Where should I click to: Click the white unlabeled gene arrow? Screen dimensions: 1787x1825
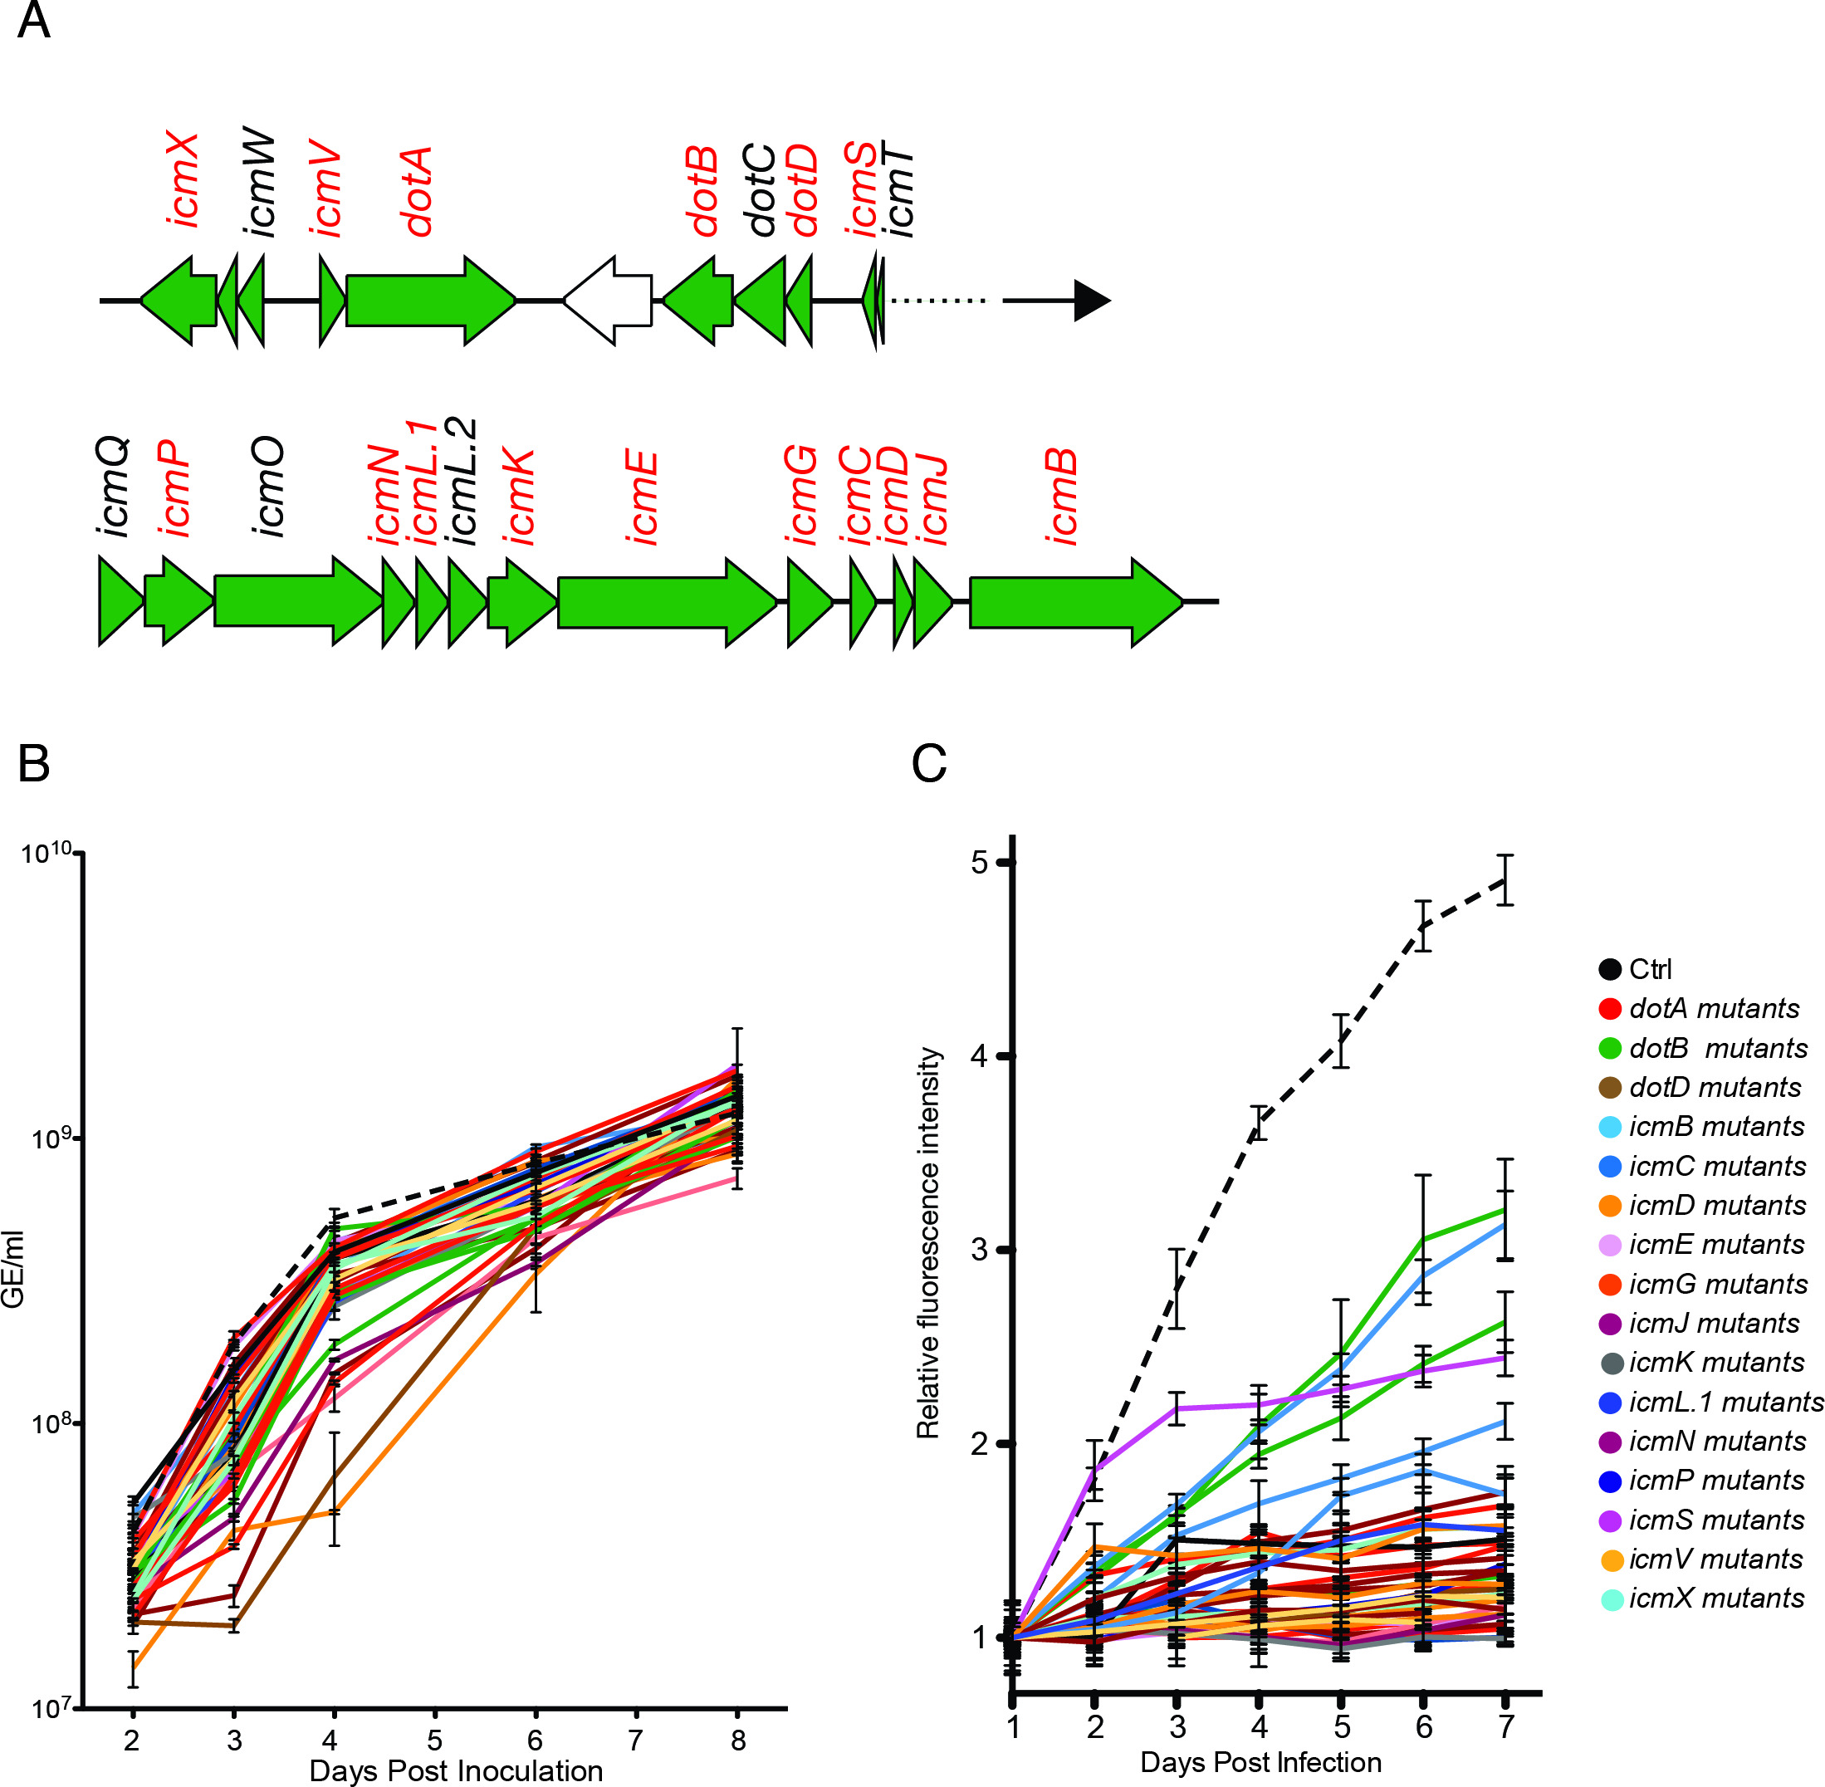[x=608, y=301]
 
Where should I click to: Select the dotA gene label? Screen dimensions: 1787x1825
[x=417, y=190]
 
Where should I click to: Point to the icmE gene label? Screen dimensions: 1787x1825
[x=643, y=497]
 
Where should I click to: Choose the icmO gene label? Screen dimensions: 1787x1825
[x=269, y=485]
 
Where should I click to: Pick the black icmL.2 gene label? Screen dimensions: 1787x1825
[x=462, y=481]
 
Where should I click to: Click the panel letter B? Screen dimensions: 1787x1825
[x=34, y=763]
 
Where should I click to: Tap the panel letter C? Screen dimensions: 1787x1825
[x=928, y=763]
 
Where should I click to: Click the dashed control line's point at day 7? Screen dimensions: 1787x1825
[x=1505, y=880]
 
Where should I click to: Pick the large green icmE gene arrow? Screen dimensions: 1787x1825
[x=667, y=601]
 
